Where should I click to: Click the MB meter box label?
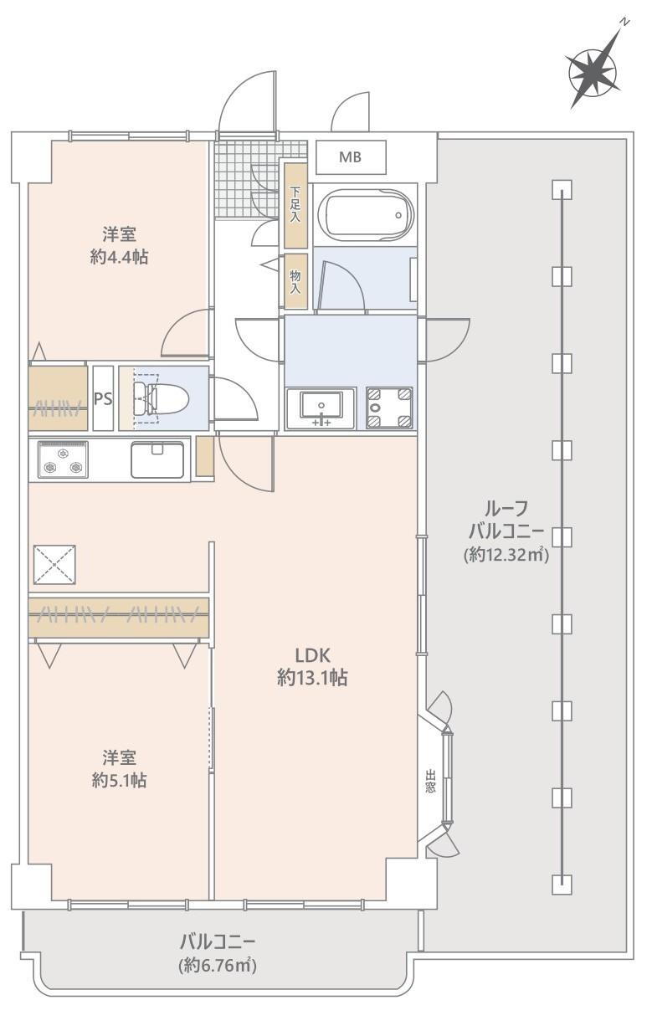(350, 157)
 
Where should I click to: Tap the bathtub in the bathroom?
(366, 215)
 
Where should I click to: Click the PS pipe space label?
(103, 398)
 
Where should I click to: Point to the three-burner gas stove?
(63, 459)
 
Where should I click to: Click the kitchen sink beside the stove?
(157, 459)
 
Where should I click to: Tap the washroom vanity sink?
(321, 408)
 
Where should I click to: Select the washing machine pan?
(389, 408)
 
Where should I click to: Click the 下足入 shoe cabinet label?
(295, 205)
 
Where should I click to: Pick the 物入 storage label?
(295, 282)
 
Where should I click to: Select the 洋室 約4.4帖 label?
(119, 245)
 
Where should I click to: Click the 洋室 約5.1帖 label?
(119, 768)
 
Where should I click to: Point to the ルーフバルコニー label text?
(506, 521)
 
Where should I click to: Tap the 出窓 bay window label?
(430, 781)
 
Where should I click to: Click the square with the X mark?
(54, 564)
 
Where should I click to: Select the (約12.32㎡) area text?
(506, 555)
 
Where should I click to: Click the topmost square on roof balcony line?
(562, 189)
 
